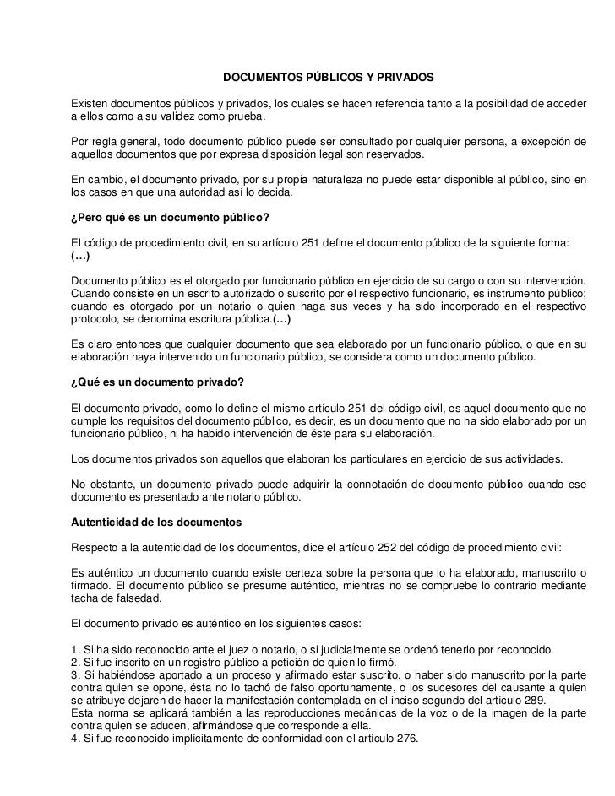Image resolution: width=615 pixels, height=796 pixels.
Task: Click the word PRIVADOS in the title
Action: coord(405,78)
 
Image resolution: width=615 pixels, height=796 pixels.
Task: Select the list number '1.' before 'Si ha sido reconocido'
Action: coord(75,649)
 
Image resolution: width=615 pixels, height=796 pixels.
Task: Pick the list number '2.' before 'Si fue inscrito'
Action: coord(75,663)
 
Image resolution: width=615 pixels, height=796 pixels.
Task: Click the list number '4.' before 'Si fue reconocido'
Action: coord(75,736)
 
